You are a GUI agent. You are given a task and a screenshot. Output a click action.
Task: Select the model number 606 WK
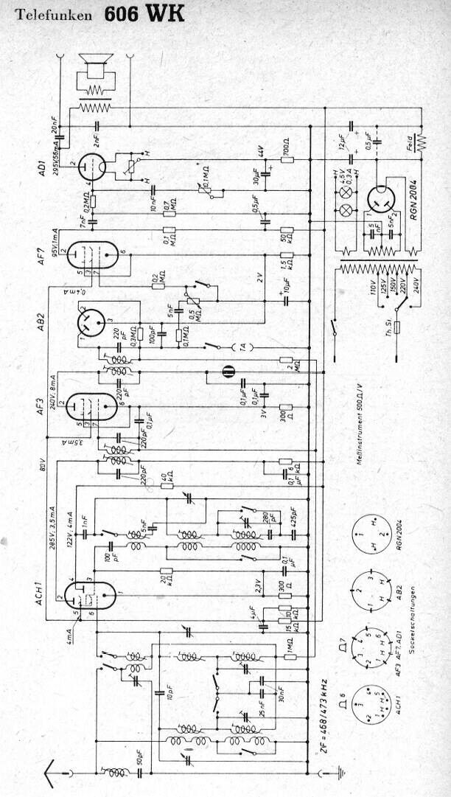144,13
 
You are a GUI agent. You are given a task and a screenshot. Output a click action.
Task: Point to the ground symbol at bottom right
340,773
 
